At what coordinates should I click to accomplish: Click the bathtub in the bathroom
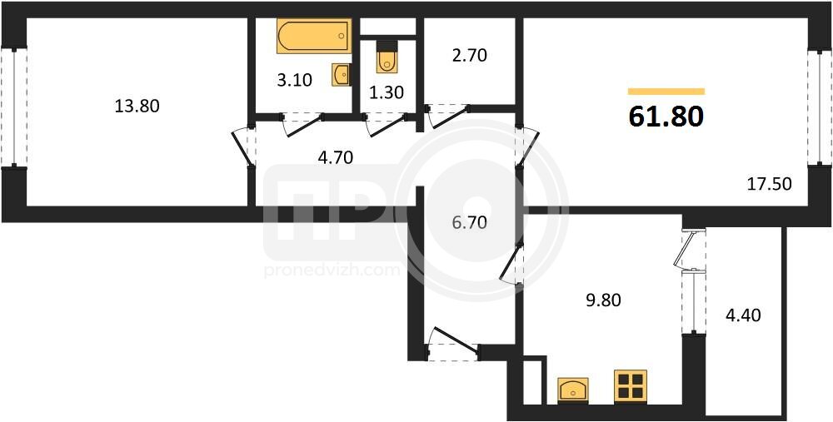tap(314, 36)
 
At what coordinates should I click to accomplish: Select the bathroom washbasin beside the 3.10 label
tap(342, 74)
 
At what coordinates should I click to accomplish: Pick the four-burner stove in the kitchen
tap(631, 385)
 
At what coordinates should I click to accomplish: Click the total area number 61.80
tap(666, 117)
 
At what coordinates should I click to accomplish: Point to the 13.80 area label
tap(137, 107)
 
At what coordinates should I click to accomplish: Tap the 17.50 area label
tap(769, 184)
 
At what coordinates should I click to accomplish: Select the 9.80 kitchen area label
tap(602, 300)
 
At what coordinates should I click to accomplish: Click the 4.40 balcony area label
tap(743, 315)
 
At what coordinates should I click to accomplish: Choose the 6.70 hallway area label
tap(468, 222)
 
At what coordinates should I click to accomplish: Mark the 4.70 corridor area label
tap(335, 157)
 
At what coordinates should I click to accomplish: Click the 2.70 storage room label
tap(469, 55)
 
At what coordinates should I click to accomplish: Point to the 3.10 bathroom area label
tap(294, 80)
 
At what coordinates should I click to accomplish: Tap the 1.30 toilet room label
tap(387, 92)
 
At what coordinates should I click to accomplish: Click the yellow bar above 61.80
tap(666, 92)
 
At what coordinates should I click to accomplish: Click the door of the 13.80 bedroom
tap(244, 147)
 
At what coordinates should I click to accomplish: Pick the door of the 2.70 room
tap(448, 117)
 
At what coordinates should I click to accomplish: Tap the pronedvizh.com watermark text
tap(332, 271)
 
